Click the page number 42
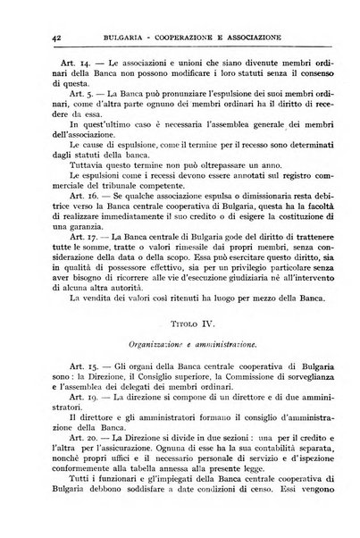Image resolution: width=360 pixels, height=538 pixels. click(46, 38)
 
